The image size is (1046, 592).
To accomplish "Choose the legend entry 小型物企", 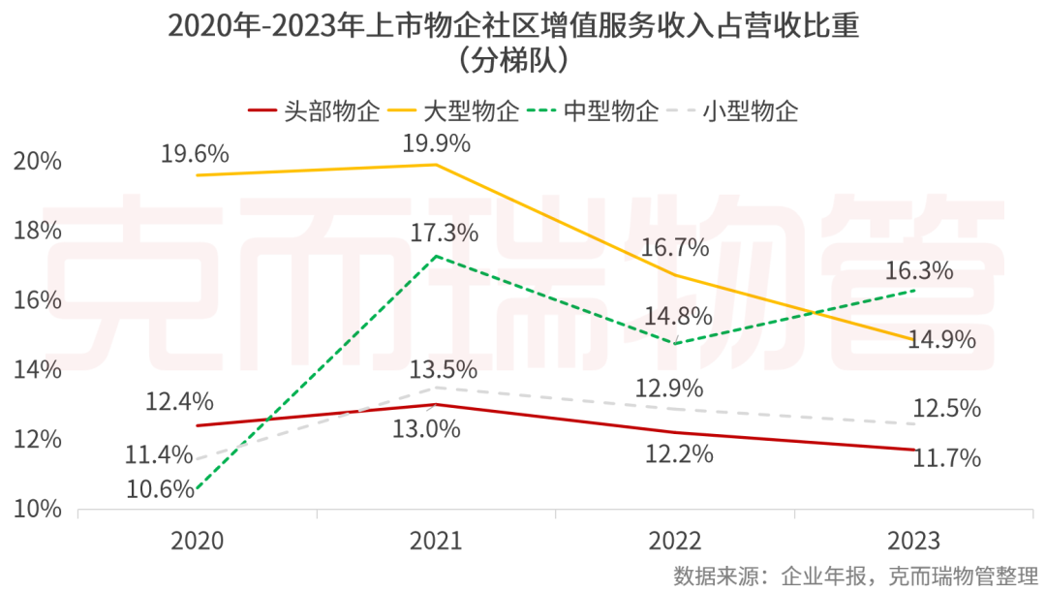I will [x=769, y=110].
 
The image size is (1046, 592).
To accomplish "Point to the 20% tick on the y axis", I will [x=38, y=161].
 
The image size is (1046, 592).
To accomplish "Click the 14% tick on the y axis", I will [x=38, y=370].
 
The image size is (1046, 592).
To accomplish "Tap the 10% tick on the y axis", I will [x=38, y=510].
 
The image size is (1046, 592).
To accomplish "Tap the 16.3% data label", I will [x=921, y=270].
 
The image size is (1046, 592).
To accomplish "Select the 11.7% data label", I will [x=946, y=458].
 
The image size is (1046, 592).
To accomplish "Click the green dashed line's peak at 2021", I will [x=436, y=256].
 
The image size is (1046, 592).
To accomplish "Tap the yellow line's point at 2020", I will [x=198, y=175].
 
